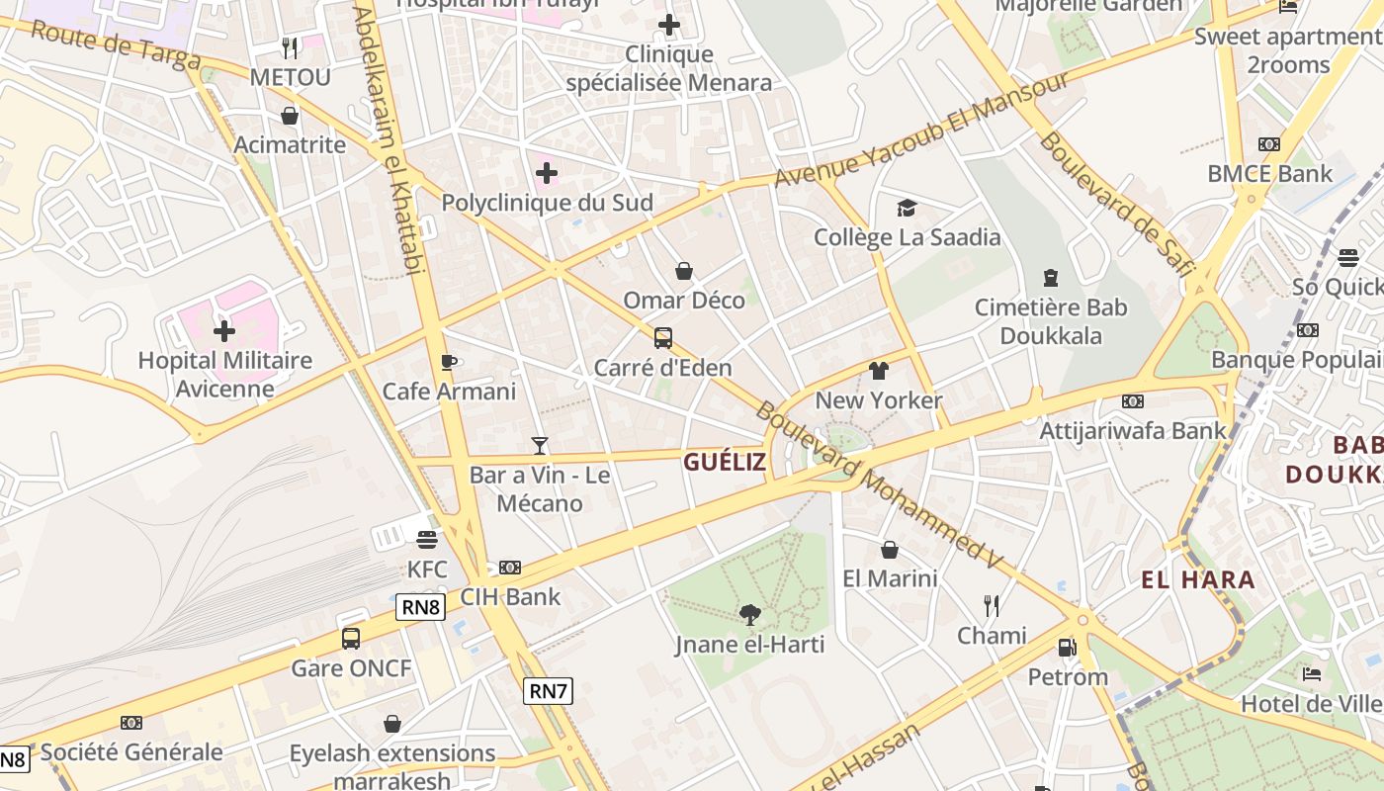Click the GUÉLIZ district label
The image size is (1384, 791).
point(725,462)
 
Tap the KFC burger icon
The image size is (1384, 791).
point(427,540)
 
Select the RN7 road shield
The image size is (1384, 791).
point(548,691)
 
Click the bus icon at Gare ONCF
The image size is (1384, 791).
point(351,638)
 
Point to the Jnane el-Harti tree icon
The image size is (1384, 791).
point(750,615)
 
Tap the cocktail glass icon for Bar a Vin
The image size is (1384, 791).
point(540,446)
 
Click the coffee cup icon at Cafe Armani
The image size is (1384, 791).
point(449,362)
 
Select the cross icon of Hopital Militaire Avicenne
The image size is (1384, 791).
point(224,330)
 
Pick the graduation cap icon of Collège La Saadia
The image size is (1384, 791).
point(907,208)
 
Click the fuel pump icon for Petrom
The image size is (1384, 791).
point(1067,648)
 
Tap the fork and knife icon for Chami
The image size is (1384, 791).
point(992,605)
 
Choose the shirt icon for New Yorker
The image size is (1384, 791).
point(878,371)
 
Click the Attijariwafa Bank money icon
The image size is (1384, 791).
point(1133,401)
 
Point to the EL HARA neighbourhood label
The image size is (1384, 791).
point(1198,579)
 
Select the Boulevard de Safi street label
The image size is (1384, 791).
point(1117,202)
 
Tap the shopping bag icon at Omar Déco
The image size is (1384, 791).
point(683,271)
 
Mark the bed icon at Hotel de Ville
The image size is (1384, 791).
point(1312,674)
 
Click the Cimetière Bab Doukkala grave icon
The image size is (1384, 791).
point(1051,278)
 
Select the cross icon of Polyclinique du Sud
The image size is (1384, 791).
point(547,174)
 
